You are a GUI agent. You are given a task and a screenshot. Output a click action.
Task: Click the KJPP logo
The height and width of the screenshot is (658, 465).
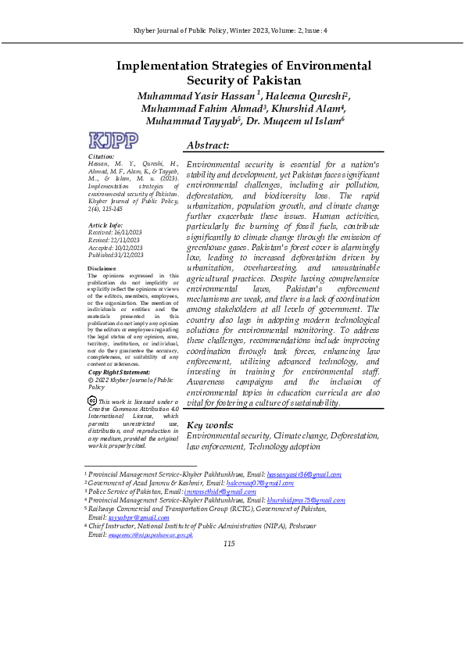(x=114, y=141)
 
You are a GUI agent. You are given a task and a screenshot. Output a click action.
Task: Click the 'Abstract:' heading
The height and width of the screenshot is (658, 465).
(x=208, y=145)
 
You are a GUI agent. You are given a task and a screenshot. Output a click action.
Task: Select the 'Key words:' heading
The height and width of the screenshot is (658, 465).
(x=210, y=424)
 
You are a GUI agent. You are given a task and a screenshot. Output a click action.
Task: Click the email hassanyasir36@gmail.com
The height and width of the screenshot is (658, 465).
(x=304, y=474)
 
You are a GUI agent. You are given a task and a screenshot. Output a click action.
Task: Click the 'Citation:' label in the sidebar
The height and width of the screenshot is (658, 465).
(x=102, y=157)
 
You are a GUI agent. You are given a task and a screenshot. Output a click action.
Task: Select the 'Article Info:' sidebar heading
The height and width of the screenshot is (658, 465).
(x=106, y=225)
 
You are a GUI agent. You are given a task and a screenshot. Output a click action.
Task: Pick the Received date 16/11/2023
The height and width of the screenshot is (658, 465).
(x=130, y=233)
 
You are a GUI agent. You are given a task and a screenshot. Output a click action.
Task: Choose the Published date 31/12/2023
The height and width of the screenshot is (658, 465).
(x=131, y=255)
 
